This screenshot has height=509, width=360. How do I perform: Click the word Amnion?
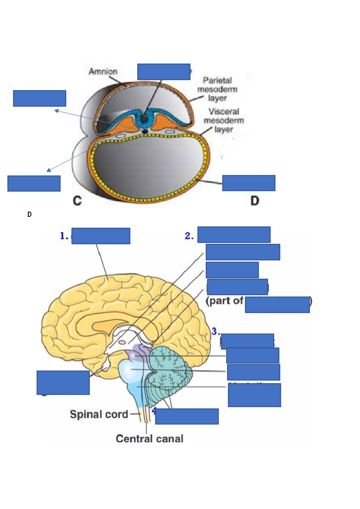tap(103, 72)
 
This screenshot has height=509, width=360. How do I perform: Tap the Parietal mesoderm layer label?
tap(217, 89)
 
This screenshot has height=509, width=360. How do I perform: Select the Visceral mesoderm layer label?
tap(224, 121)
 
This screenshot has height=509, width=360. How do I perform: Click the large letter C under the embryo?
tap(77, 201)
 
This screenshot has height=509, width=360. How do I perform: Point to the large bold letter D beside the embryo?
tap(255, 201)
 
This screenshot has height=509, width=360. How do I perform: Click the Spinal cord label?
tap(99, 414)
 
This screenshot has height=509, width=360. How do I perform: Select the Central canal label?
tap(149, 439)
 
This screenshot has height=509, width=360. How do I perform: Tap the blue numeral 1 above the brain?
tap(64, 236)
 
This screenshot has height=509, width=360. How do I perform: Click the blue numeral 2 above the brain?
tap(189, 236)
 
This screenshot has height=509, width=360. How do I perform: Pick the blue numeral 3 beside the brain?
tap(215, 332)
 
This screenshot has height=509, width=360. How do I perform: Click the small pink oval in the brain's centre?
tap(122, 342)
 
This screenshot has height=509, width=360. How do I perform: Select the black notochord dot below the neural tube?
tap(145, 131)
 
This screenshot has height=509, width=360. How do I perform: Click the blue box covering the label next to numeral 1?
tap(101, 236)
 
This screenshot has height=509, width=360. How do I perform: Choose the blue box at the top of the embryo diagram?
tap(164, 72)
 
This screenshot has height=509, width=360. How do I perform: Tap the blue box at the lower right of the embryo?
tap(249, 183)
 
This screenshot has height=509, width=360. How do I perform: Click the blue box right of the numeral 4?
tap(187, 416)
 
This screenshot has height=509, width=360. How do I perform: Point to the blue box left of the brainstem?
tap(63, 382)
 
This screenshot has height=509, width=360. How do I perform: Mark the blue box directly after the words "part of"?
tap(277, 305)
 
